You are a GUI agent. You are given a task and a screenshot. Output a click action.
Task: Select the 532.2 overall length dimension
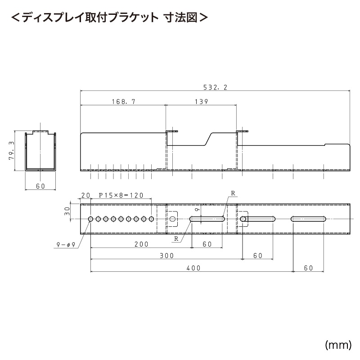[x=215, y=88]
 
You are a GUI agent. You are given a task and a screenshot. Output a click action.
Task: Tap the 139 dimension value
[x=201, y=102]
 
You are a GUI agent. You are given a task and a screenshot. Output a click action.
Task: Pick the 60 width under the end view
[x=40, y=186]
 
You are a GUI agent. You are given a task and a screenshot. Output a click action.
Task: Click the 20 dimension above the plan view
[x=85, y=196]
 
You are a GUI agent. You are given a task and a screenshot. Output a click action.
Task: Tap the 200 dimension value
[x=141, y=244]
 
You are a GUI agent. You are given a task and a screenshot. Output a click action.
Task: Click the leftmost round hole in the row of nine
[x=91, y=219]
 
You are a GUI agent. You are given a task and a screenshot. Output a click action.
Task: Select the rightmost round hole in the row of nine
[x=152, y=219]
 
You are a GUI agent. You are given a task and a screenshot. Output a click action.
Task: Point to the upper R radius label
[x=233, y=193]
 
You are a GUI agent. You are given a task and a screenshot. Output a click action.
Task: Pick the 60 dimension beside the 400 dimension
[x=308, y=268]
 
